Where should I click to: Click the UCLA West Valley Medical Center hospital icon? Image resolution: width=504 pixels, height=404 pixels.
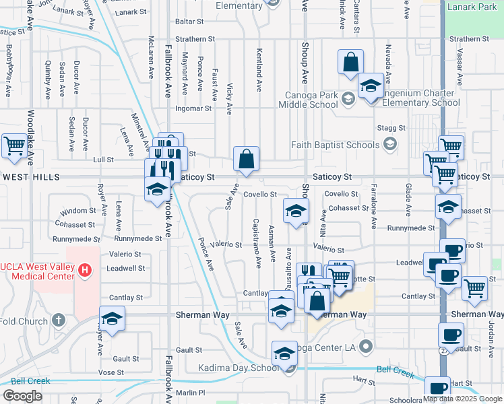tap(84, 271)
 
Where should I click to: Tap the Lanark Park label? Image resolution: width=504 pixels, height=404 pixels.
tap(474, 7)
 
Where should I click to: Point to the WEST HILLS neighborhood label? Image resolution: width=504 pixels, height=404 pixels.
tap(32, 177)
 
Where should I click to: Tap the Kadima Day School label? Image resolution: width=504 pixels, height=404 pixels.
tap(238, 368)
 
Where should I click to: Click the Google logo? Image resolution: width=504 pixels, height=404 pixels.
tap(22, 395)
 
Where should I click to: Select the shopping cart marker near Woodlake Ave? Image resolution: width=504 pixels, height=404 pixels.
tap(14, 145)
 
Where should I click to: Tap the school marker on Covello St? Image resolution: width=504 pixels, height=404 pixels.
tap(296, 210)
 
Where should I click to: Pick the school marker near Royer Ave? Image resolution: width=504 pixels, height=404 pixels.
tap(113, 318)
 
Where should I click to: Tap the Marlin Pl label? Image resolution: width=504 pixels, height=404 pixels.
tap(191, 393)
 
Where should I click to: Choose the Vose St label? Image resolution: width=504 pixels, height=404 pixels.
tap(111, 372)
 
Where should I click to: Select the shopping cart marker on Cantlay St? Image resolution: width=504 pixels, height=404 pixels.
tap(475, 288)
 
